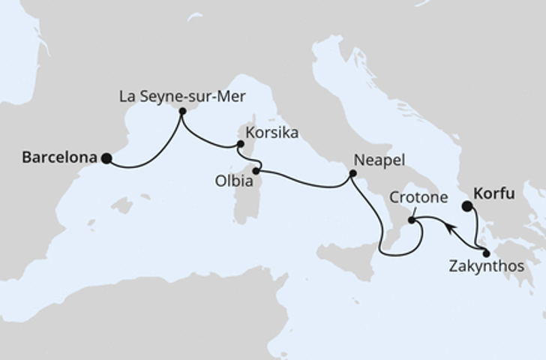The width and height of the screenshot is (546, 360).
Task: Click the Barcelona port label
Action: point(60,157)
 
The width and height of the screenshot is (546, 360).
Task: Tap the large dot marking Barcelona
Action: point(106,158)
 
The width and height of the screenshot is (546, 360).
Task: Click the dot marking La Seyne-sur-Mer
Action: point(182,111)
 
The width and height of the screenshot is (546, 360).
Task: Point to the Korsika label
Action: point(275,133)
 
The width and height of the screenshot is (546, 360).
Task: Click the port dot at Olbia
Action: point(256,172)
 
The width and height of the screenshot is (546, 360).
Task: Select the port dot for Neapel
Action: point(352,175)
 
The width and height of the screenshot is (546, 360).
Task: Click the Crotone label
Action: point(419,198)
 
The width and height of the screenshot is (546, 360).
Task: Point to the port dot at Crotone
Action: point(411,220)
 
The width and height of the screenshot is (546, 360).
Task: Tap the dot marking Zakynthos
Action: point(487,253)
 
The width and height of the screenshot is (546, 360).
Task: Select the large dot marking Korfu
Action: point(467,205)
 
